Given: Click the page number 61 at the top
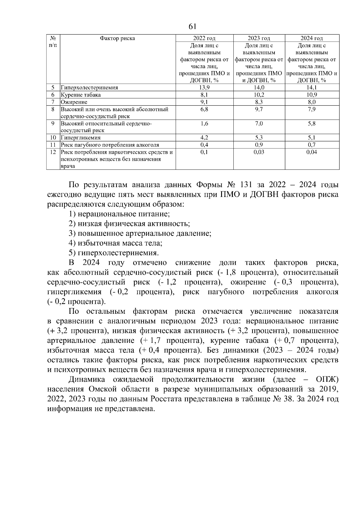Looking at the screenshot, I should coord(192,26).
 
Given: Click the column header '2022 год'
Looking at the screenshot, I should coord(204,38).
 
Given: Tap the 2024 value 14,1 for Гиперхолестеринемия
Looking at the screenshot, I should coord(312,88).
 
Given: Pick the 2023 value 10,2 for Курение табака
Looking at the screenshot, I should coord(259,95).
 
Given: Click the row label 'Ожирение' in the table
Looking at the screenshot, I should coord(74,102).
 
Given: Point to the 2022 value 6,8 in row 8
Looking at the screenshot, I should coord(204,109).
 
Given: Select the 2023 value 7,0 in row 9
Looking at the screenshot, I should coord(259,124).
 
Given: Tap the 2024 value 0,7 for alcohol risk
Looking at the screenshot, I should coord(312,145).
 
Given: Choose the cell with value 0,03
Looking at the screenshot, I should coord(259,152).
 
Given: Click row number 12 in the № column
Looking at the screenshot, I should coord(53,152).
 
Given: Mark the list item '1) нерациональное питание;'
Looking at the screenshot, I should coord(119,214).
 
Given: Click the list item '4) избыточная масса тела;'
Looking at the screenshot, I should coord(115,243).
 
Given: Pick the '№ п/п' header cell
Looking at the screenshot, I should coord(53,42).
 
